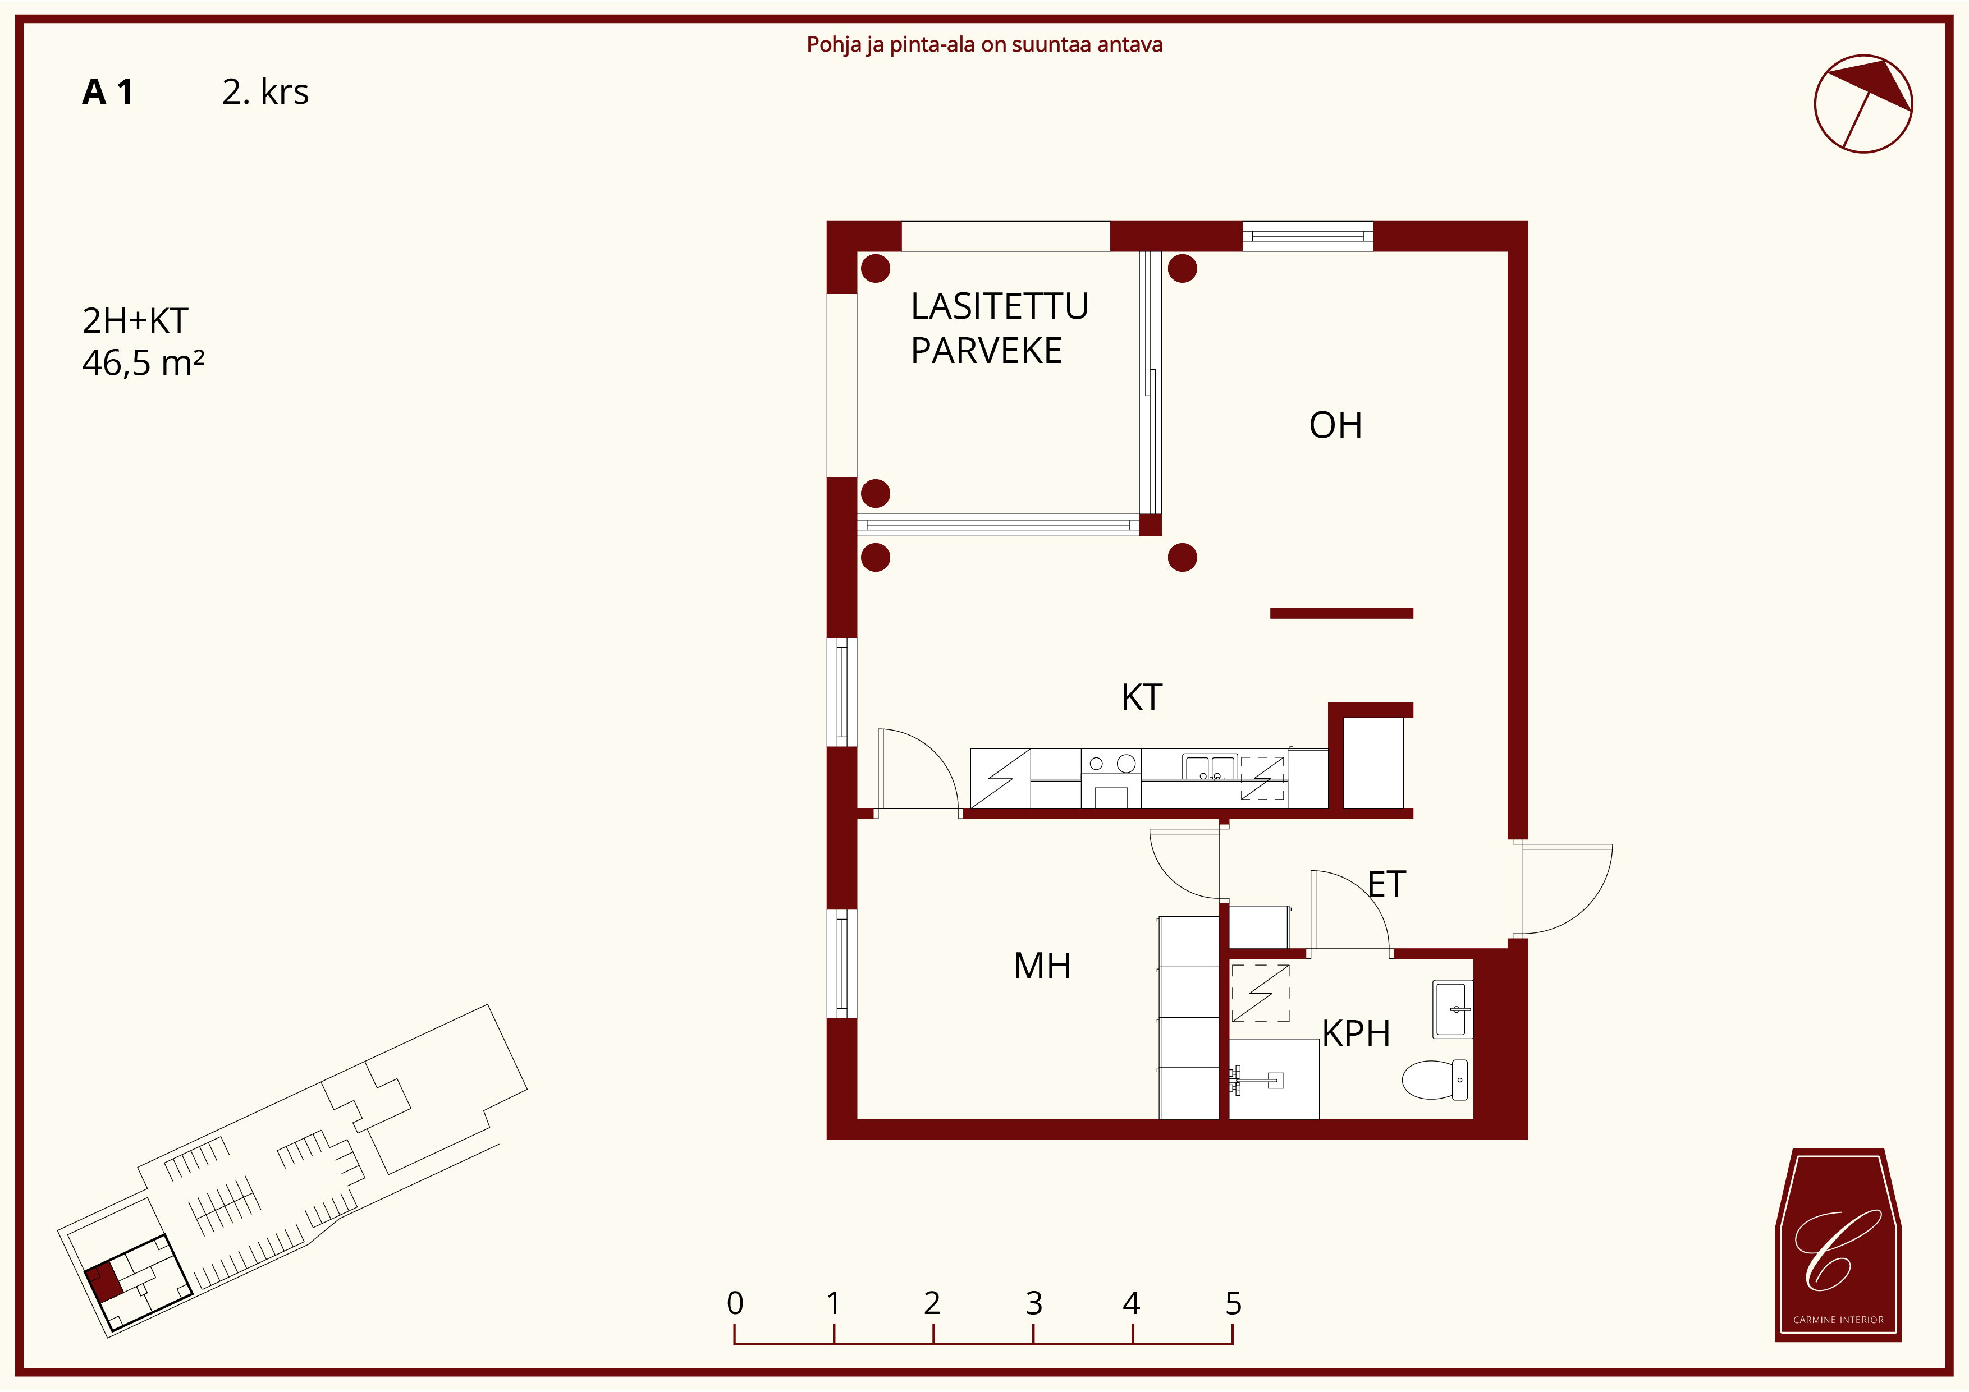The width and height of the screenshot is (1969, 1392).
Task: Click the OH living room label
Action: (1335, 425)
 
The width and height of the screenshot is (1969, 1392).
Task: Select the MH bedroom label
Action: (1042, 966)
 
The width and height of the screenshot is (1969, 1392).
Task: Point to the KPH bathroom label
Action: (1356, 1033)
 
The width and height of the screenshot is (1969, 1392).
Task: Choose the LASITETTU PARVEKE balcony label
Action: (999, 328)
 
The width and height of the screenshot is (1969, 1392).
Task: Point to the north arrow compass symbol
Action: (1863, 104)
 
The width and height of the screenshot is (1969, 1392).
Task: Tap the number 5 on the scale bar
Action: (1233, 1304)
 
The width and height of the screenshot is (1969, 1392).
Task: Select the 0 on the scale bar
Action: (735, 1304)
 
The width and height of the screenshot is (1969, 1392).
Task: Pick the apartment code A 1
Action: (108, 91)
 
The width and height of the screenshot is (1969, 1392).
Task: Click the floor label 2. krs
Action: (265, 91)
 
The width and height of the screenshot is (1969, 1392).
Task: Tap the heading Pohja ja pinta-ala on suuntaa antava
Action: (984, 44)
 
